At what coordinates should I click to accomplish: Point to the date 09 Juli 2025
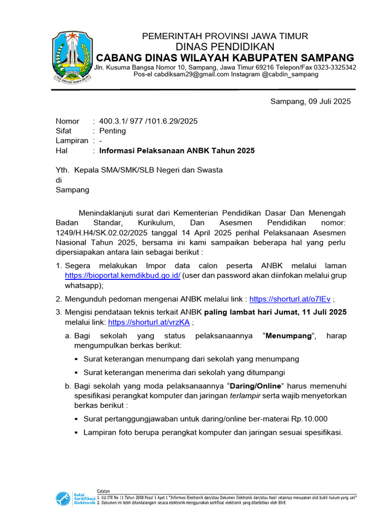tap(329, 102)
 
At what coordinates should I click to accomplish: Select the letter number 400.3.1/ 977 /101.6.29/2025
tap(148, 121)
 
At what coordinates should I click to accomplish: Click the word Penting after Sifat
tap(112, 131)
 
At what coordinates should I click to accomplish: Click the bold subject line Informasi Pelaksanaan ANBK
tap(177, 151)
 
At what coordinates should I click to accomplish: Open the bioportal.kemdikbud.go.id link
tap(122, 275)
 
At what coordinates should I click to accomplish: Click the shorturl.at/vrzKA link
tap(149, 322)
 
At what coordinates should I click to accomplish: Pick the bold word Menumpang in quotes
tap(290, 336)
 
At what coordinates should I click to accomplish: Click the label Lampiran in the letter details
tap(72, 141)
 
